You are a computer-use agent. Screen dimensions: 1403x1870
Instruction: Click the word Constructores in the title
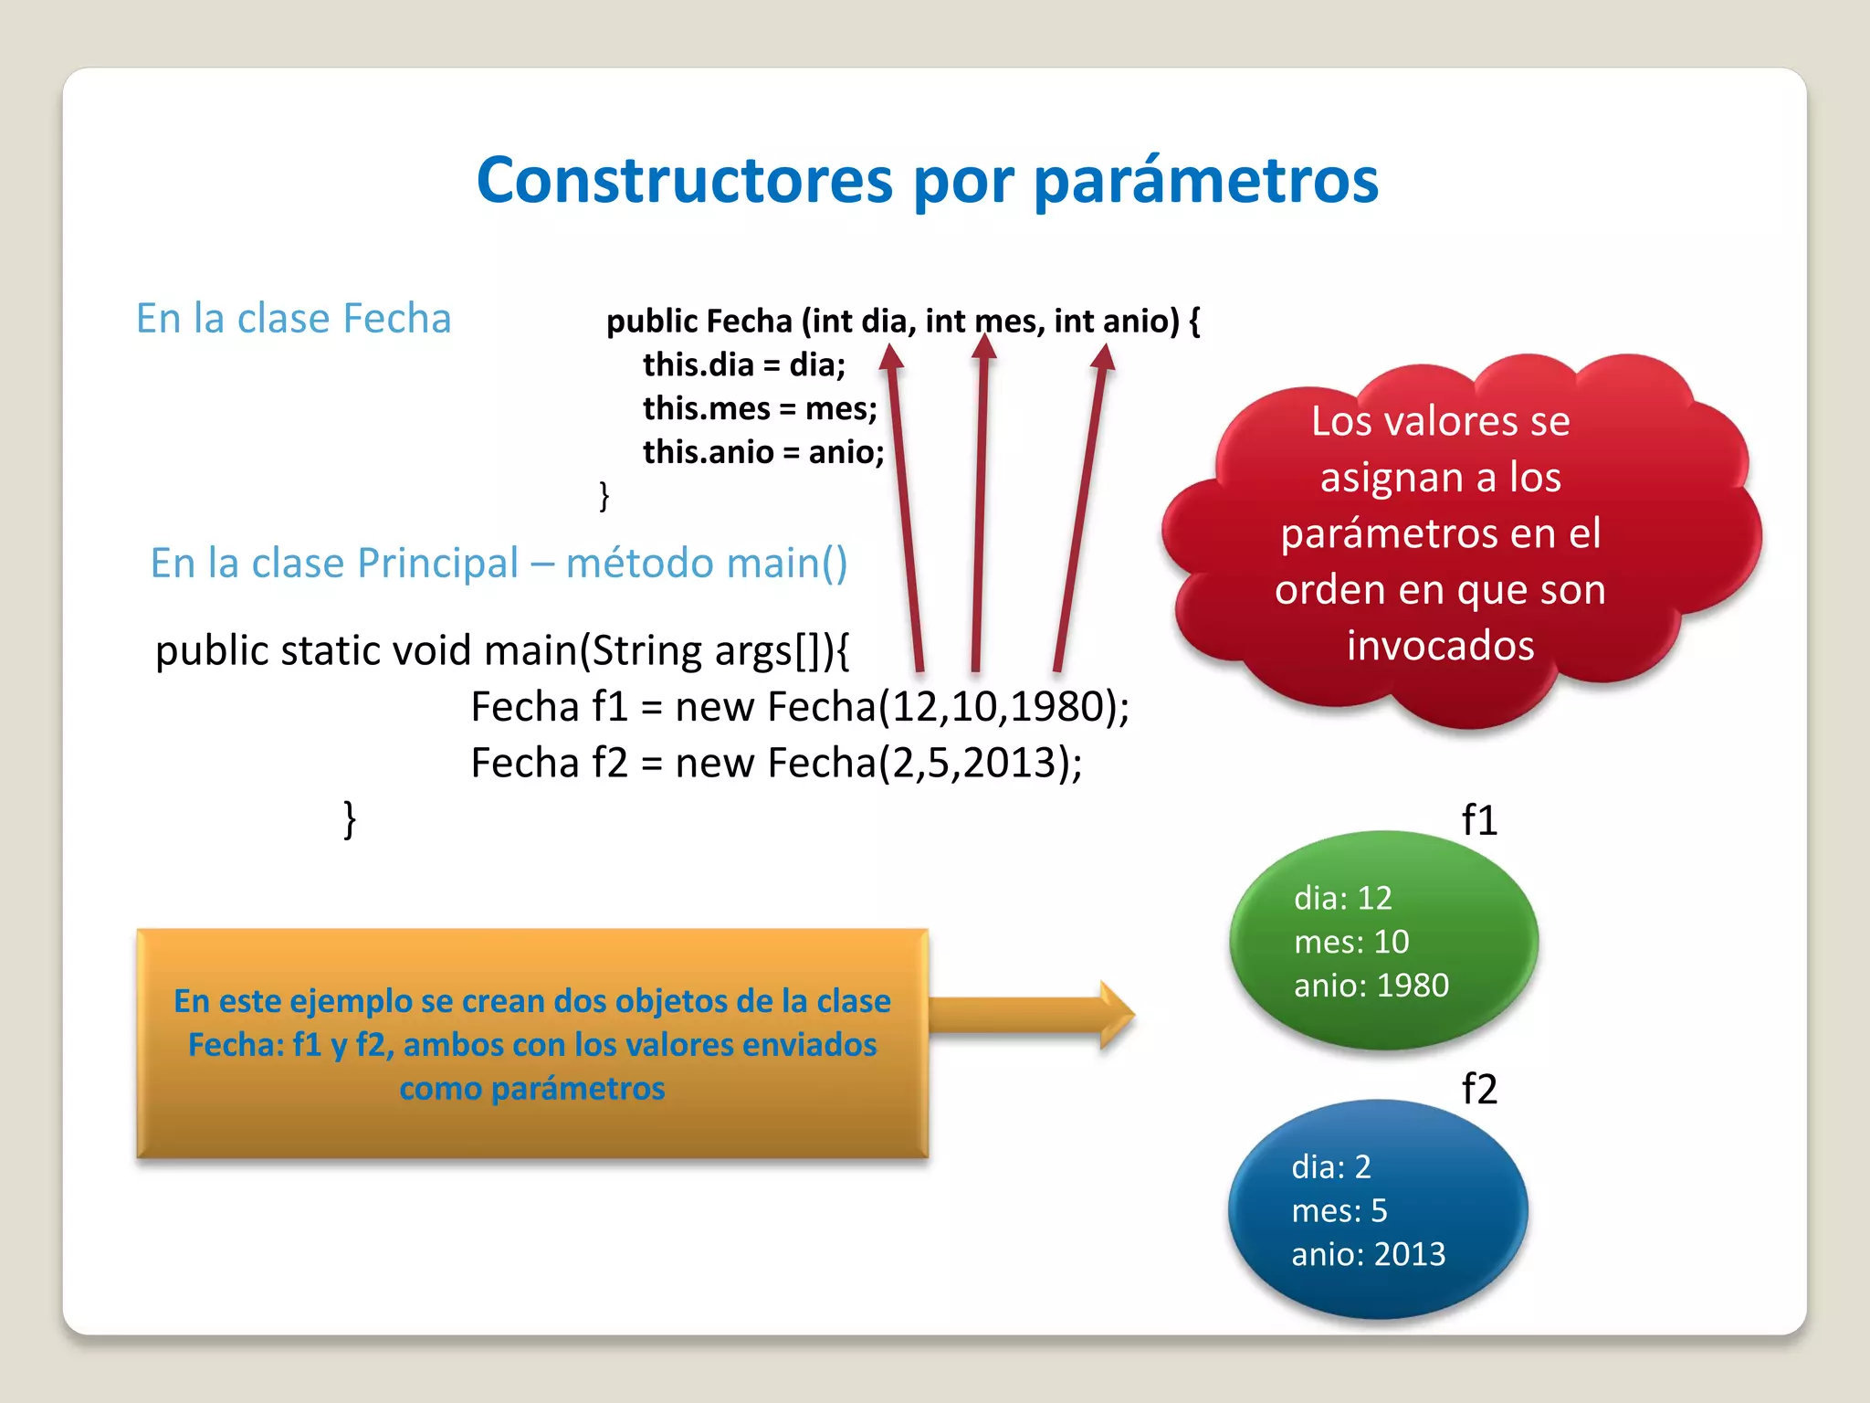[x=684, y=180]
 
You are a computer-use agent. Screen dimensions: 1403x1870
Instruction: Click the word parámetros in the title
[x=1205, y=182]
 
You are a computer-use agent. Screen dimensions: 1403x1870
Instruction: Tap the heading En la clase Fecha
[x=293, y=319]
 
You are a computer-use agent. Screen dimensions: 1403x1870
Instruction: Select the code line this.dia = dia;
[x=743, y=364]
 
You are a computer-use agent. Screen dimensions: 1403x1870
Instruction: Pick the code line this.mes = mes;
[x=759, y=408]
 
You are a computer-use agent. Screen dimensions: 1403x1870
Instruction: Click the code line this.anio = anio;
[x=762, y=452]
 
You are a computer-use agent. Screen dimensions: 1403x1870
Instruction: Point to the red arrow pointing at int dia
[x=905, y=512]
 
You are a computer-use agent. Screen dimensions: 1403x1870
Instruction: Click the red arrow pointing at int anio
[x=1081, y=512]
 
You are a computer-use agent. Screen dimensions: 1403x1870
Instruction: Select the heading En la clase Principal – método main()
[x=499, y=563]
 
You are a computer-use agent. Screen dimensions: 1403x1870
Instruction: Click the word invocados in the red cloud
[x=1440, y=646]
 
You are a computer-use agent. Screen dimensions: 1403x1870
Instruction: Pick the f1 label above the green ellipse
[x=1479, y=820]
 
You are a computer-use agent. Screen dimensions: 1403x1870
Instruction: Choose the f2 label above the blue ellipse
[x=1479, y=1089]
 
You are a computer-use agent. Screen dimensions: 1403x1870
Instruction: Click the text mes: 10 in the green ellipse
[x=1351, y=942]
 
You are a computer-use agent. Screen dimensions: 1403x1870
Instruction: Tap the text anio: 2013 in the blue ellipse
[x=1368, y=1254]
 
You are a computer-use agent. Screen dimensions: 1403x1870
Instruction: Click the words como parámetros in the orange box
[x=531, y=1089]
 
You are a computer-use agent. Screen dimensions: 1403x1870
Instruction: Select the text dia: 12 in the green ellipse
[x=1342, y=898]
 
